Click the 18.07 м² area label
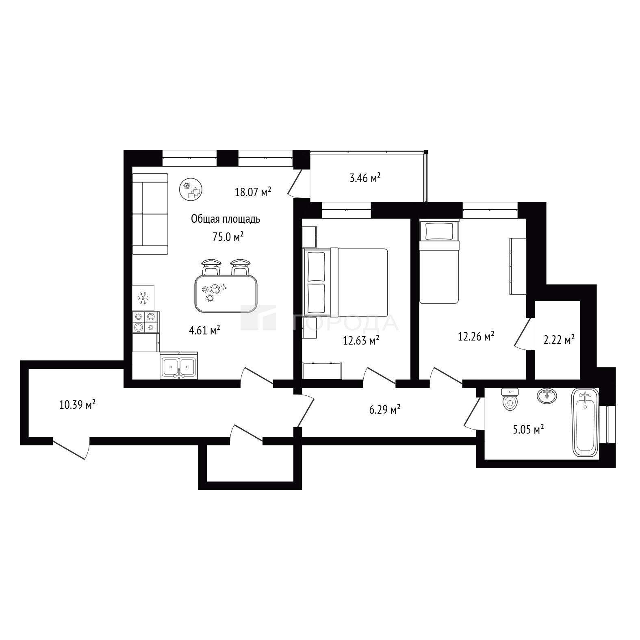(x=253, y=192)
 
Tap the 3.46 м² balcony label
(x=365, y=178)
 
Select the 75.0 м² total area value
(x=228, y=237)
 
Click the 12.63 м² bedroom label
(x=361, y=340)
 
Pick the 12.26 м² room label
(x=476, y=336)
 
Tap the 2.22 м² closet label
(x=559, y=339)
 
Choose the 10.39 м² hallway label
(x=77, y=405)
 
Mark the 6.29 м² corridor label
(x=384, y=410)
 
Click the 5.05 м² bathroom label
(x=528, y=430)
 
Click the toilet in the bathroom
(x=510, y=399)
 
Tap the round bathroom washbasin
(x=547, y=395)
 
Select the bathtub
(x=585, y=422)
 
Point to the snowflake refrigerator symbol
(x=143, y=298)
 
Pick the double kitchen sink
(x=179, y=365)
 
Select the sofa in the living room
(x=150, y=214)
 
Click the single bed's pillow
(x=439, y=231)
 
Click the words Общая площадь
(x=226, y=219)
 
